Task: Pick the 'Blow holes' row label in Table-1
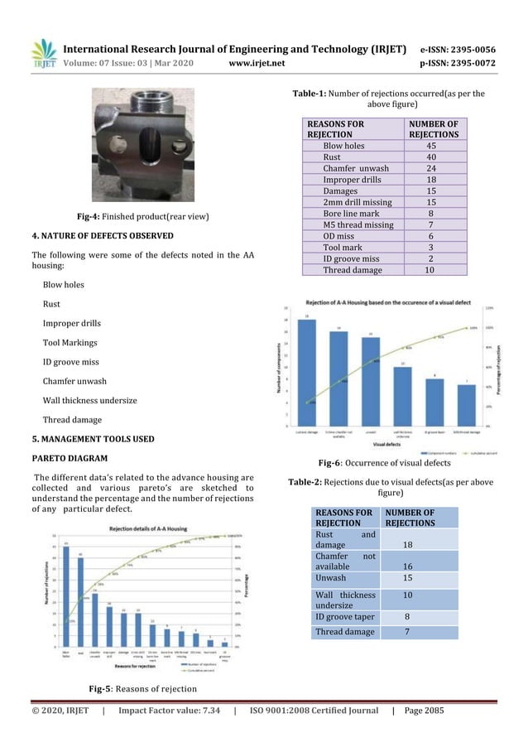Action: tap(343, 145)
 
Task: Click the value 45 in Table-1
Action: tap(436, 145)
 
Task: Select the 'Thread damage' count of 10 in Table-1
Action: tap(436, 269)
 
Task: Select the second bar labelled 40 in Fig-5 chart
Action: tap(81, 601)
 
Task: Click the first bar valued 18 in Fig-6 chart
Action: tap(306, 373)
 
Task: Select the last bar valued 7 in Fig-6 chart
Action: tap(466, 405)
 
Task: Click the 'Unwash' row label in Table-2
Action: tap(329, 577)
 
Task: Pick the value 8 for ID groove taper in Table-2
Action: tap(406, 617)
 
